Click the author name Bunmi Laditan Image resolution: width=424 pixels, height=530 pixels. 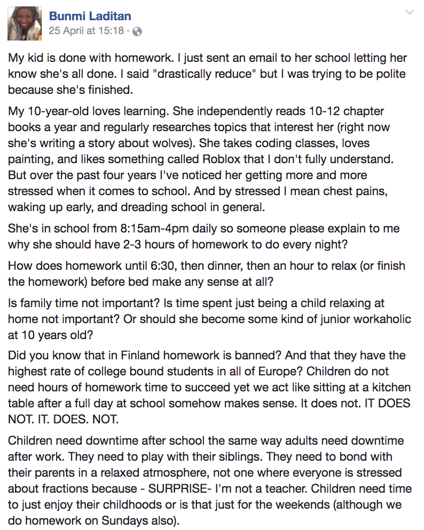pos(90,17)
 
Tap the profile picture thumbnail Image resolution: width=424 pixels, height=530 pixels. pos(25,23)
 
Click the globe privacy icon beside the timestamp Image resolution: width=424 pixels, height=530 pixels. pos(137,31)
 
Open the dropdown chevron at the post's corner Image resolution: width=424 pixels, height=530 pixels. pos(410,12)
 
